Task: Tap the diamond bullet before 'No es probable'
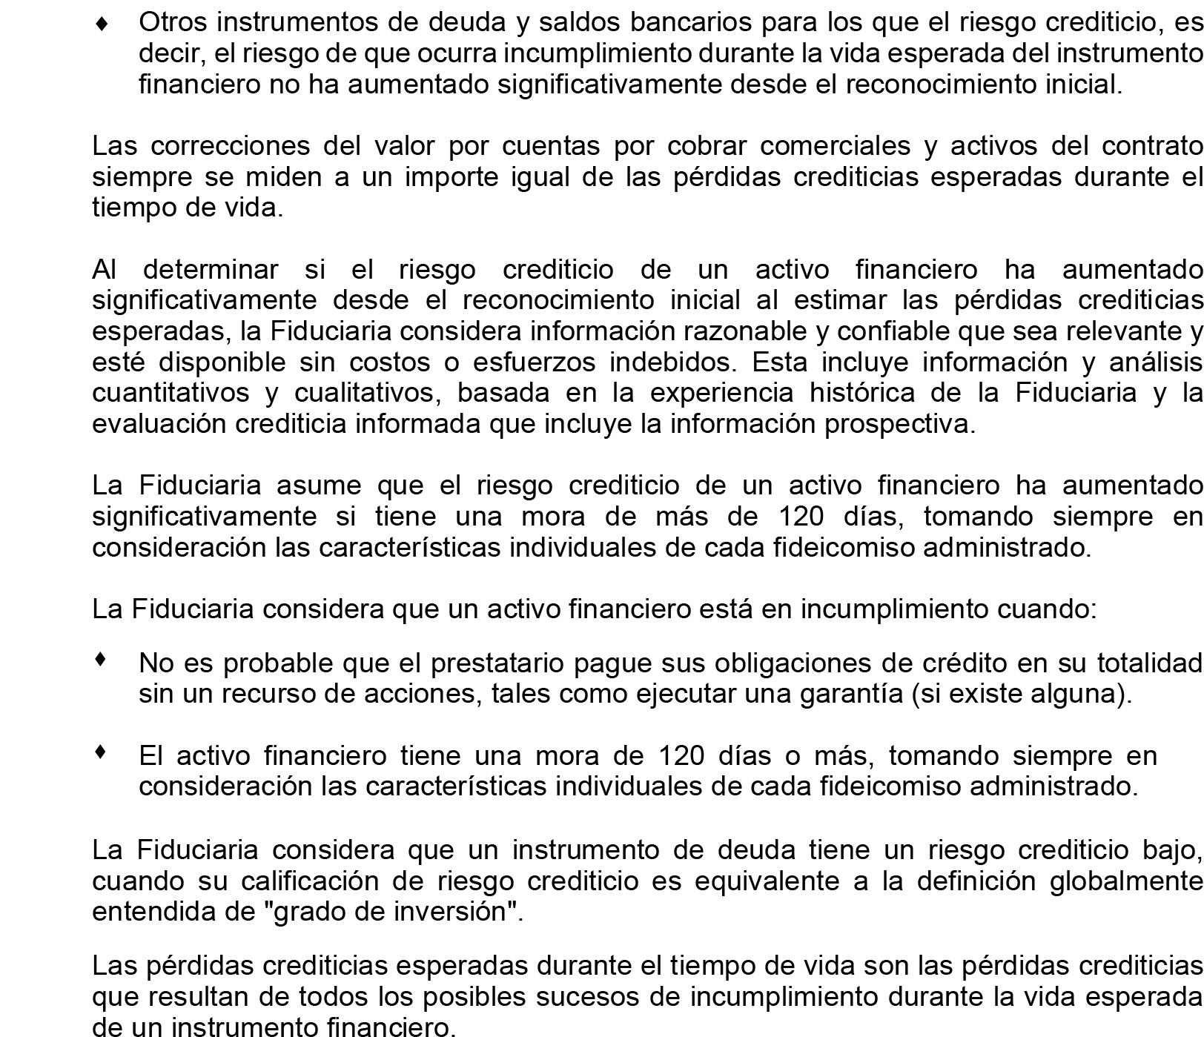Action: pyautogui.click(x=102, y=658)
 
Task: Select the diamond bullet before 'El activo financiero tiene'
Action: pyautogui.click(x=102, y=752)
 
